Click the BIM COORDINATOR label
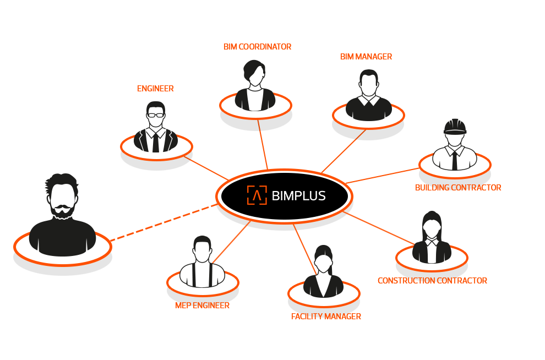pos(257,47)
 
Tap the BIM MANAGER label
pos(366,57)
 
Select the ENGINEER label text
pos(155,88)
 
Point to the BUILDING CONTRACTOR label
pos(458,188)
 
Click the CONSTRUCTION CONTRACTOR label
pos(432,281)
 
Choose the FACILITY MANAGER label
pos(326,317)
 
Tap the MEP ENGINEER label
pos(202,306)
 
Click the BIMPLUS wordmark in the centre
pos(299,195)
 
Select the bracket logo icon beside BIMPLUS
pos(257,195)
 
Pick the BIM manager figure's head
pos(368,83)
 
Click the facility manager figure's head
pos(323,261)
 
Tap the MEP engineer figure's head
pos(202,249)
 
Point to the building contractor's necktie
pos(454,160)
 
